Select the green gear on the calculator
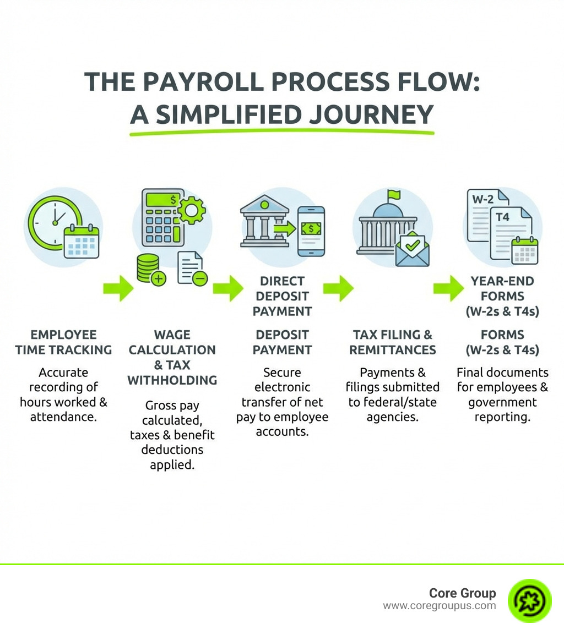pos(191,210)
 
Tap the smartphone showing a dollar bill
pos(311,231)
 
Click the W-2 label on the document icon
pos(484,199)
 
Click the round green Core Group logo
pos(529,600)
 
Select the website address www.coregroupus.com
pos(439,606)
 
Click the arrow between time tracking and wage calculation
pos(118,288)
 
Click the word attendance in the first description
pos(63,417)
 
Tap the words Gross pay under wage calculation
pos(172,406)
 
